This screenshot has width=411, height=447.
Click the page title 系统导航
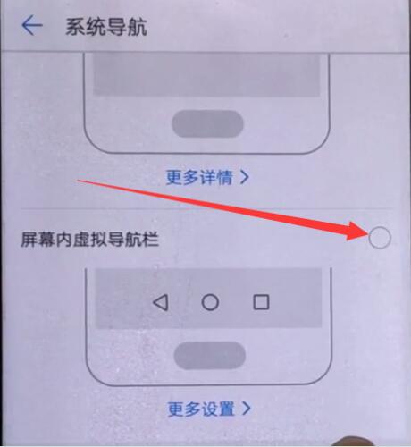click(105, 26)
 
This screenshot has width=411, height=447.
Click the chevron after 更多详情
click(244, 177)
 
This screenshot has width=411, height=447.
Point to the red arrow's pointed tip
click(365, 234)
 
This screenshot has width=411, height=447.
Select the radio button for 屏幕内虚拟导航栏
click(379, 237)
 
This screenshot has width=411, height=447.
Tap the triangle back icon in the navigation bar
click(160, 302)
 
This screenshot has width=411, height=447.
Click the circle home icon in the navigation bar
click(210, 302)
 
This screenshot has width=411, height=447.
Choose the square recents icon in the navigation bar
click(261, 302)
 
